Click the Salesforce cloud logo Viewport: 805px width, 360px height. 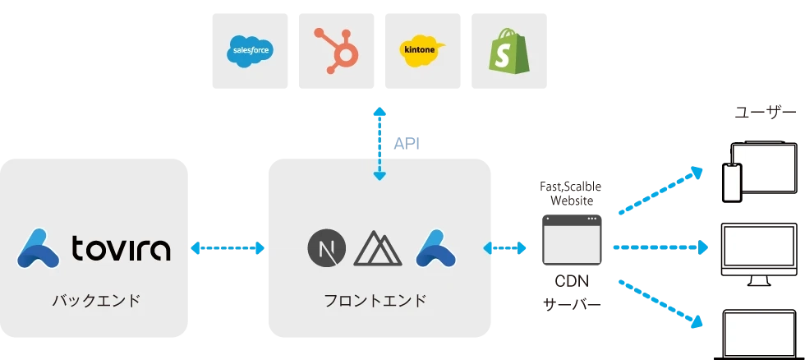249,52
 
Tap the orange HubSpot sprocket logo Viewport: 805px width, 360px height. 336,47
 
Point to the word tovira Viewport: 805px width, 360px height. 121,247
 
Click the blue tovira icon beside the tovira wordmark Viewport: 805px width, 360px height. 38,247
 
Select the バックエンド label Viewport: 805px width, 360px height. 96,300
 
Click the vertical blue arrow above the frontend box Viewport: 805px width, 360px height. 378,141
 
